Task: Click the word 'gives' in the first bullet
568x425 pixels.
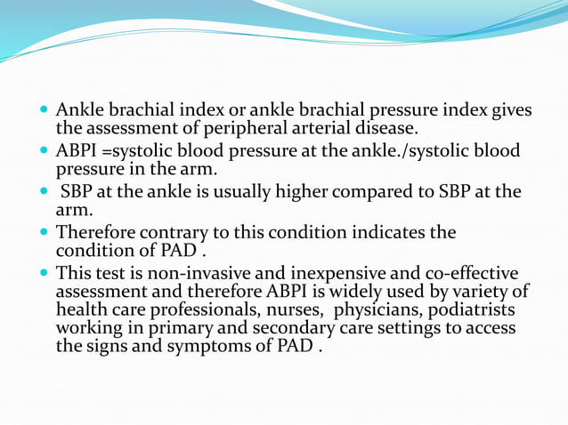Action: [510, 110]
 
